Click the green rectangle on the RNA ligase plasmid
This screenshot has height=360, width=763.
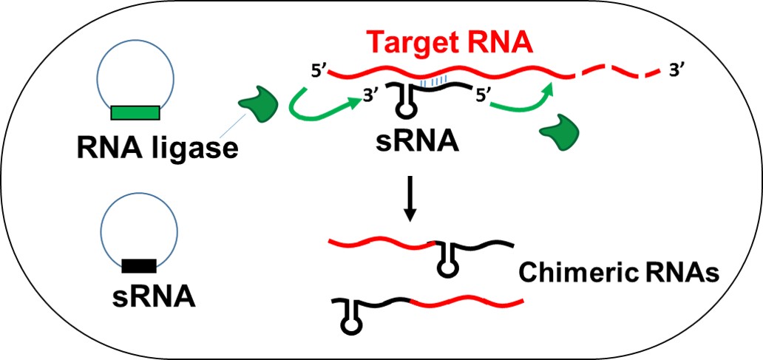coord(135,112)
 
